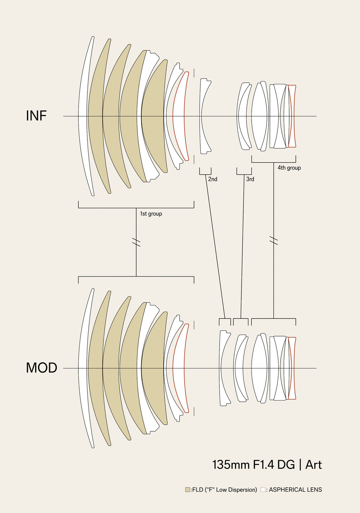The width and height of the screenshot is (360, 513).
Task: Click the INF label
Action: click(x=36, y=116)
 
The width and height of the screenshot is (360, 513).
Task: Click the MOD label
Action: click(x=41, y=368)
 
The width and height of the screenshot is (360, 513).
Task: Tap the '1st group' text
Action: click(x=151, y=214)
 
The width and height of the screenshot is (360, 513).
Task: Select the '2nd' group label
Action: click(x=213, y=179)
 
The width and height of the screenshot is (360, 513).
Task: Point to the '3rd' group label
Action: click(x=250, y=179)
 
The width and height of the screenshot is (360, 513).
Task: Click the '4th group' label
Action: click(x=289, y=168)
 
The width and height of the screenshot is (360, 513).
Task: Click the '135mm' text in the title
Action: click(x=231, y=465)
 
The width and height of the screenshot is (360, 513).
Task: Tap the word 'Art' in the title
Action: click(x=313, y=465)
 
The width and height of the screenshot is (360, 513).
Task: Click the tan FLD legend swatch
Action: click(x=188, y=490)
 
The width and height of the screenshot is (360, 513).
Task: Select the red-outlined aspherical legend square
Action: click(x=263, y=490)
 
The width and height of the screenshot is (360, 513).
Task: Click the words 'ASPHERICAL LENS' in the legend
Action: click(x=295, y=490)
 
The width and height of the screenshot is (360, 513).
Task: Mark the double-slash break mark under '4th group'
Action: click(x=274, y=240)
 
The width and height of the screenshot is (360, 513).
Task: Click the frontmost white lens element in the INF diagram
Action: click(x=83, y=116)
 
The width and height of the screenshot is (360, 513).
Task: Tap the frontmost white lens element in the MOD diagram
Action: click(x=83, y=368)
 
